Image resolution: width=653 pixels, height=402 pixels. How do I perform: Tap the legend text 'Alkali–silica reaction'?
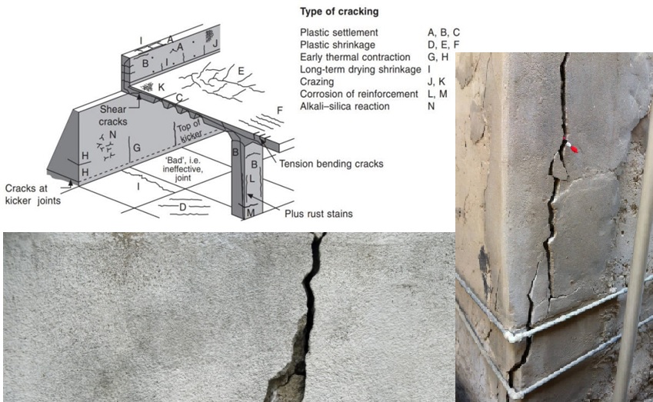coord(345,106)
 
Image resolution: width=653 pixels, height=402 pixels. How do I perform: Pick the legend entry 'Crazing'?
coord(317,81)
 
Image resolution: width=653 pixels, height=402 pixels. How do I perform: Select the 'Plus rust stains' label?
coord(317,214)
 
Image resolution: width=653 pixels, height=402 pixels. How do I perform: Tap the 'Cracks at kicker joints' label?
coord(33,194)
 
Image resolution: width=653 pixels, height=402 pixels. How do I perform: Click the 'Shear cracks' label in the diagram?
coord(114,115)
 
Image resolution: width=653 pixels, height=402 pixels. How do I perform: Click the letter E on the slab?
coord(241,71)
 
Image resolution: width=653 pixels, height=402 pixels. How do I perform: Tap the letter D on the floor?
coord(182,208)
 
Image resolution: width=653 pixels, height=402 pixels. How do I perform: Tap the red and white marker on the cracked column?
coord(569,144)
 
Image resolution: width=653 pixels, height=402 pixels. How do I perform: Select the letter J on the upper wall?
coord(215,42)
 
